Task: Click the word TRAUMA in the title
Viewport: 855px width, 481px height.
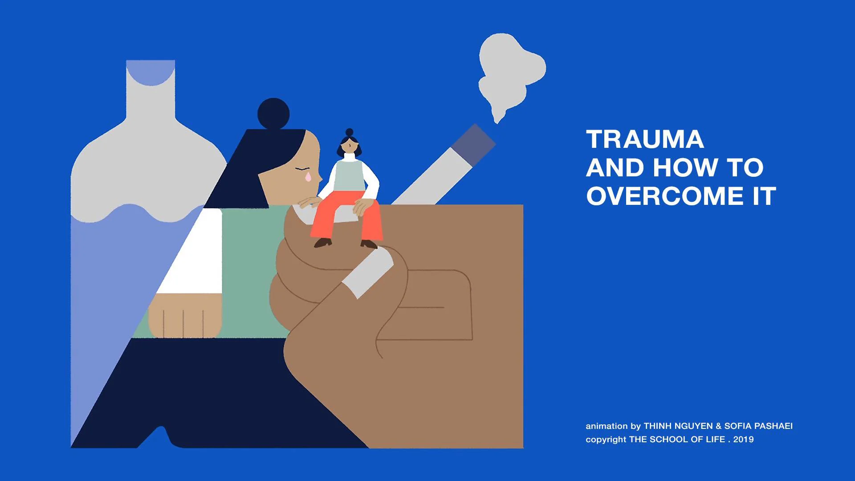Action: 645,139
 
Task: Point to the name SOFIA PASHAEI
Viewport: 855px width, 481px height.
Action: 758,426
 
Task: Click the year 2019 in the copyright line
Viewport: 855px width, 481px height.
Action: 744,440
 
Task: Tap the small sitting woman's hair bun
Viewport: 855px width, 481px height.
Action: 350,132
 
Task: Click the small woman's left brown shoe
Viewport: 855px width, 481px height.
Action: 323,243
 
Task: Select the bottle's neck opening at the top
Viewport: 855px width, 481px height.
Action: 151,71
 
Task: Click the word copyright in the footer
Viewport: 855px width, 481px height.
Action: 606,440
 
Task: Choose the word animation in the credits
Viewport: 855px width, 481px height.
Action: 607,426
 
